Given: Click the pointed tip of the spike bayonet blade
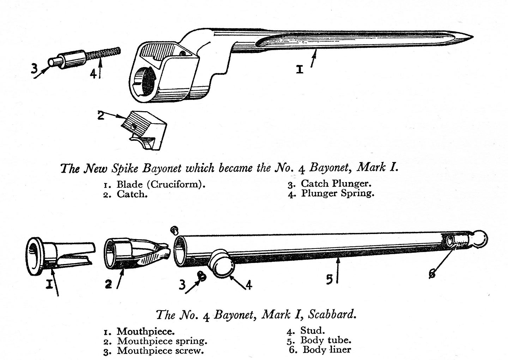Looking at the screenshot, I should click(x=471, y=37).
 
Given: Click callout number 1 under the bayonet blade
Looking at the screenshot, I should click(x=300, y=70).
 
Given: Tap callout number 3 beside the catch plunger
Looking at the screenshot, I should click(x=34, y=68).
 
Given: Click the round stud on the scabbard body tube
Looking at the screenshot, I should click(x=222, y=265).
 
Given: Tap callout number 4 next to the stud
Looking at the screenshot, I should click(x=249, y=284).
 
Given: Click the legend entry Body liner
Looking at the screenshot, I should click(x=327, y=350).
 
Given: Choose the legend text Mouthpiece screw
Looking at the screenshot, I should click(x=161, y=351).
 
